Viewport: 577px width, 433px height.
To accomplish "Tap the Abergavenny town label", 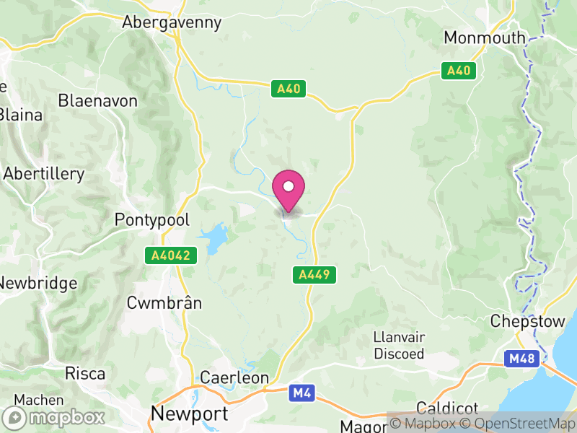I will pyautogui.click(x=171, y=22).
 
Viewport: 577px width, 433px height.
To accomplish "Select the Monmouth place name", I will pyautogui.click(x=485, y=38).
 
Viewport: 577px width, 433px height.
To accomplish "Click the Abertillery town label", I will pyautogui.click(x=44, y=174).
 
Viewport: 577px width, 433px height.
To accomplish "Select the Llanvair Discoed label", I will pyautogui.click(x=398, y=345).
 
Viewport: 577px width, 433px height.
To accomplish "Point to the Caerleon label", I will pyautogui.click(x=234, y=377).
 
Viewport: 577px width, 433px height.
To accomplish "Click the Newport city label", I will pyautogui.click(x=190, y=414).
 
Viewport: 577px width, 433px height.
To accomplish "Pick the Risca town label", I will pyautogui.click(x=85, y=373).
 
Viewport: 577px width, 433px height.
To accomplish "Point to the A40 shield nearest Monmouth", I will pyautogui.click(x=459, y=71).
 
